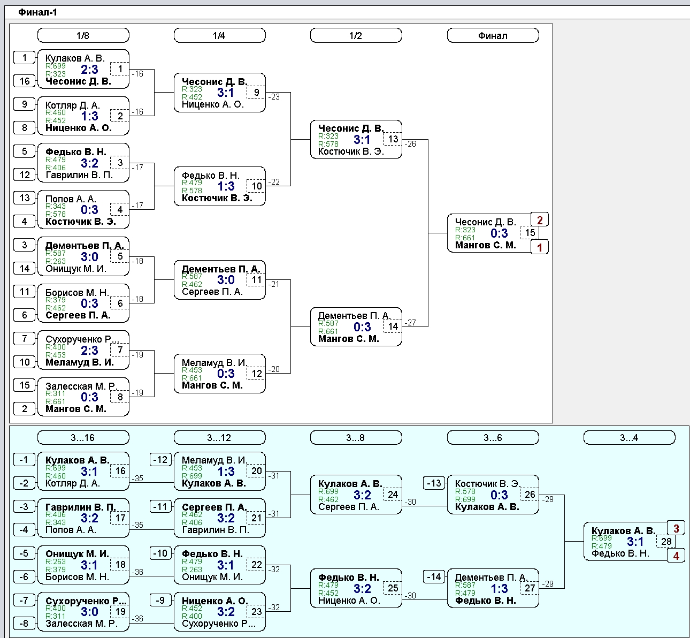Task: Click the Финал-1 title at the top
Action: (37, 12)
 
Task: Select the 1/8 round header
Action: (83, 35)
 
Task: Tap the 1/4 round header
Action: (220, 35)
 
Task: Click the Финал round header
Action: (493, 35)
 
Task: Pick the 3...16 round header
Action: (83, 437)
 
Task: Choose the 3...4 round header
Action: (629, 437)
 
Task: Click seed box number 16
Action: (25, 81)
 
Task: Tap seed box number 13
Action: (25, 198)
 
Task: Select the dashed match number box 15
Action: (530, 233)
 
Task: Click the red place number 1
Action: (540, 247)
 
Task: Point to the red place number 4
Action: (676, 556)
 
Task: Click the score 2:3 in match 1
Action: (90, 70)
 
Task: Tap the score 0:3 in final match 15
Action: (499, 233)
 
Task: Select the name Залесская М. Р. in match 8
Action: (81, 386)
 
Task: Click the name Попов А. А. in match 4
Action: (71, 199)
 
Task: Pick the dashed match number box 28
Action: (666, 541)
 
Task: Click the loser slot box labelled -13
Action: (434, 483)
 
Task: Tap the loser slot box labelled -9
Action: (160, 600)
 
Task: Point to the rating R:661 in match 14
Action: (328, 331)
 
